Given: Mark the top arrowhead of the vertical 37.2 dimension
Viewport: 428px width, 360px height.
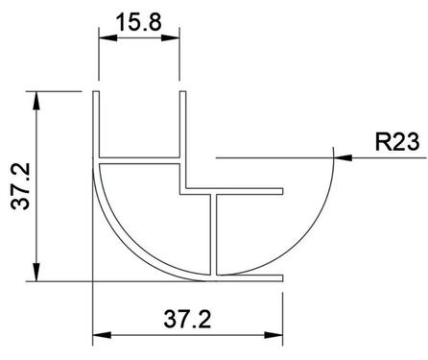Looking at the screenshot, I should [x=36, y=99].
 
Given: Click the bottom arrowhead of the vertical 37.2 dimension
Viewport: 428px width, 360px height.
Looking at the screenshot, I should [x=36, y=275].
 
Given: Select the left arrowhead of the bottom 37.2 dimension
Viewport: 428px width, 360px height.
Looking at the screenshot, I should [x=100, y=336].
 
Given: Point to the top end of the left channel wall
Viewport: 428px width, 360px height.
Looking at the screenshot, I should [x=96, y=94].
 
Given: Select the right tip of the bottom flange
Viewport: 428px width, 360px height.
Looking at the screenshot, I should [x=283, y=277].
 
